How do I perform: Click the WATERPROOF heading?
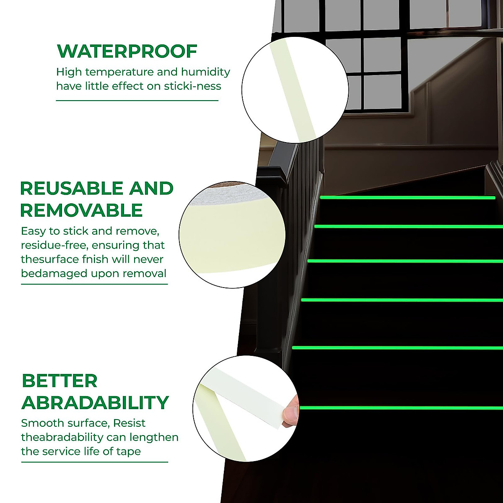click(127, 51)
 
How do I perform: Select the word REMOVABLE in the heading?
click(81, 210)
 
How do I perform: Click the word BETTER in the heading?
click(59, 381)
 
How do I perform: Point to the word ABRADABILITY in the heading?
click(95, 402)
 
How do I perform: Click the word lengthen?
click(153, 438)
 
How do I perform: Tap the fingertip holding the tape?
click(290, 413)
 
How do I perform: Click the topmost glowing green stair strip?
click(407, 197)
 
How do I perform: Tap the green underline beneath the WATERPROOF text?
click(137, 101)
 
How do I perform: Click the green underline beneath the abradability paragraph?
click(94, 462)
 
